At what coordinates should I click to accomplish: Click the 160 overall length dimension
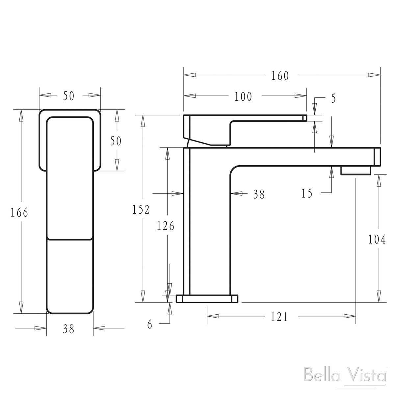[280, 76]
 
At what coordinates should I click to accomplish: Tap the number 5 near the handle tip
[333, 98]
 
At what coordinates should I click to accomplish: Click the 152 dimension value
[141, 209]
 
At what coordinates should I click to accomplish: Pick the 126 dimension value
[165, 226]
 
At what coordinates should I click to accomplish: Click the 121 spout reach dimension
[279, 317]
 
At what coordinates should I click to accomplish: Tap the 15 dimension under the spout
[307, 193]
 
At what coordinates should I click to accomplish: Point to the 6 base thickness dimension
[150, 325]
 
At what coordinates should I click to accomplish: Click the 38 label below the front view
[69, 329]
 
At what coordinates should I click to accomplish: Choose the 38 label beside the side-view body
[259, 195]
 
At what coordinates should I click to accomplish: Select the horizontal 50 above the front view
[69, 96]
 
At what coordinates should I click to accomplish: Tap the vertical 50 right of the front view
[116, 141]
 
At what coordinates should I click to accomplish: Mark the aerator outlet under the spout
[355, 171]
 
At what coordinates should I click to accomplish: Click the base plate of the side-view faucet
[207, 299]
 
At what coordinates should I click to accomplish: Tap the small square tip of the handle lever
[305, 118]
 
